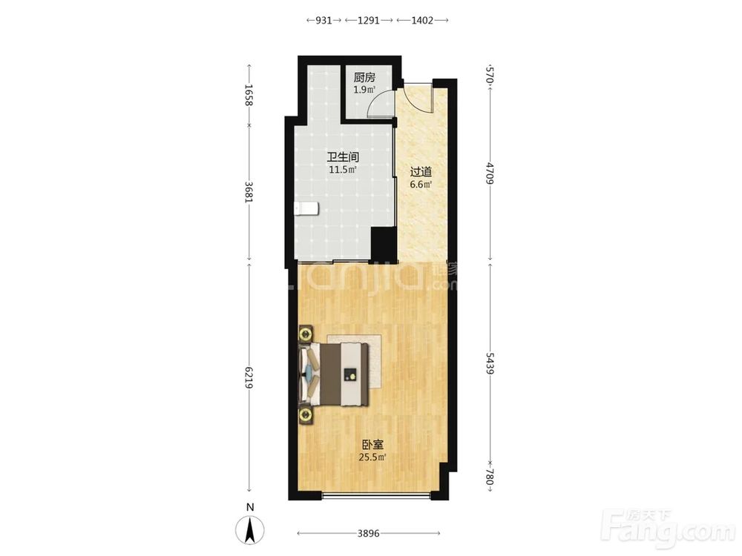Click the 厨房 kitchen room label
pos(364,78)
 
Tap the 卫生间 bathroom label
pos(343,157)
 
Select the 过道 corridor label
pos(421,172)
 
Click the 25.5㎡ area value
pos(372,457)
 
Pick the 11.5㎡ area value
pos(343,170)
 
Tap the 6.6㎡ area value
pos(421,185)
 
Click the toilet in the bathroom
pos(306,209)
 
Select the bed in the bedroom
pos(334,374)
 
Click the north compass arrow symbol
pos(250,529)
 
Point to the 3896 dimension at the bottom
pos(368,534)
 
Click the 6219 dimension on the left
pos(249,377)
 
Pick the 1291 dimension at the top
pos(369,20)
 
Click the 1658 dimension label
pos(249,95)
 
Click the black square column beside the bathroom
pos(383,244)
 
